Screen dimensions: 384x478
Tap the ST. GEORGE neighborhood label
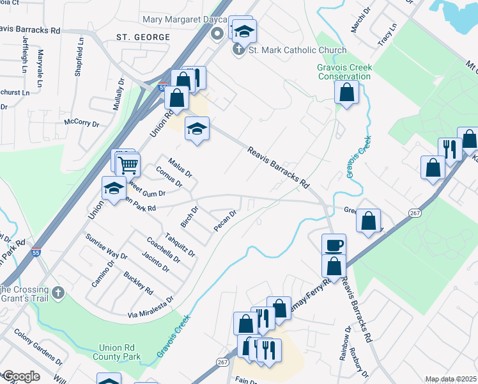[143, 37]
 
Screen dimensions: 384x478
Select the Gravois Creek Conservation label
[344, 72]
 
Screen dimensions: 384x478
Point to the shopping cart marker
[128, 164]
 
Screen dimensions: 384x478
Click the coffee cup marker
[334, 245]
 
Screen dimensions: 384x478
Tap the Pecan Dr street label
[226, 221]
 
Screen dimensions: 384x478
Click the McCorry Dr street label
[81, 123]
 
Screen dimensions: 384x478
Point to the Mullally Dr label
[119, 94]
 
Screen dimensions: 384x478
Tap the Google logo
[21, 376]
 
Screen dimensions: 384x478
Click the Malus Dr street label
[180, 168]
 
